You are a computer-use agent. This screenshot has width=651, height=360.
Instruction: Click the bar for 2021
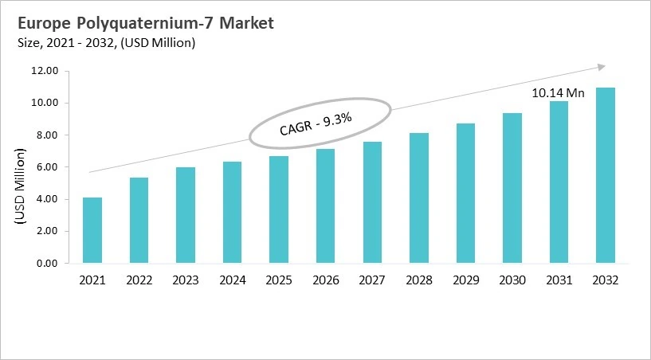92,230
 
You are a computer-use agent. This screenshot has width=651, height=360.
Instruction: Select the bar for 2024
232,213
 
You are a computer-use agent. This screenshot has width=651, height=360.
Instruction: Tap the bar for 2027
372,202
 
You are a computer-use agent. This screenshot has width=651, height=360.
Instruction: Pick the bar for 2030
512,188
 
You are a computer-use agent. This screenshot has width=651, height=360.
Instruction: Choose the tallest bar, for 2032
605,175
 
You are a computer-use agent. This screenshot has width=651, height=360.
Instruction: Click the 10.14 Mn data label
558,93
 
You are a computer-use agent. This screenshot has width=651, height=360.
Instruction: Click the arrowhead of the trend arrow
602,67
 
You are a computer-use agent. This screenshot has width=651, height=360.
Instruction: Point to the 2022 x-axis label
139,280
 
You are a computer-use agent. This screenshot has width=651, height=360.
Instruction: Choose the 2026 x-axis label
325,280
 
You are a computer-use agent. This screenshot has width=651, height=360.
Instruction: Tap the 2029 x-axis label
465,280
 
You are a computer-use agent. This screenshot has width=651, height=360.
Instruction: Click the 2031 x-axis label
559,280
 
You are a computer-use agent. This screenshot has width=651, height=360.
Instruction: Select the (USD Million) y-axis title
20,184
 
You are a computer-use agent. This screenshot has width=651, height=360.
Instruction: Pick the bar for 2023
186,215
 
